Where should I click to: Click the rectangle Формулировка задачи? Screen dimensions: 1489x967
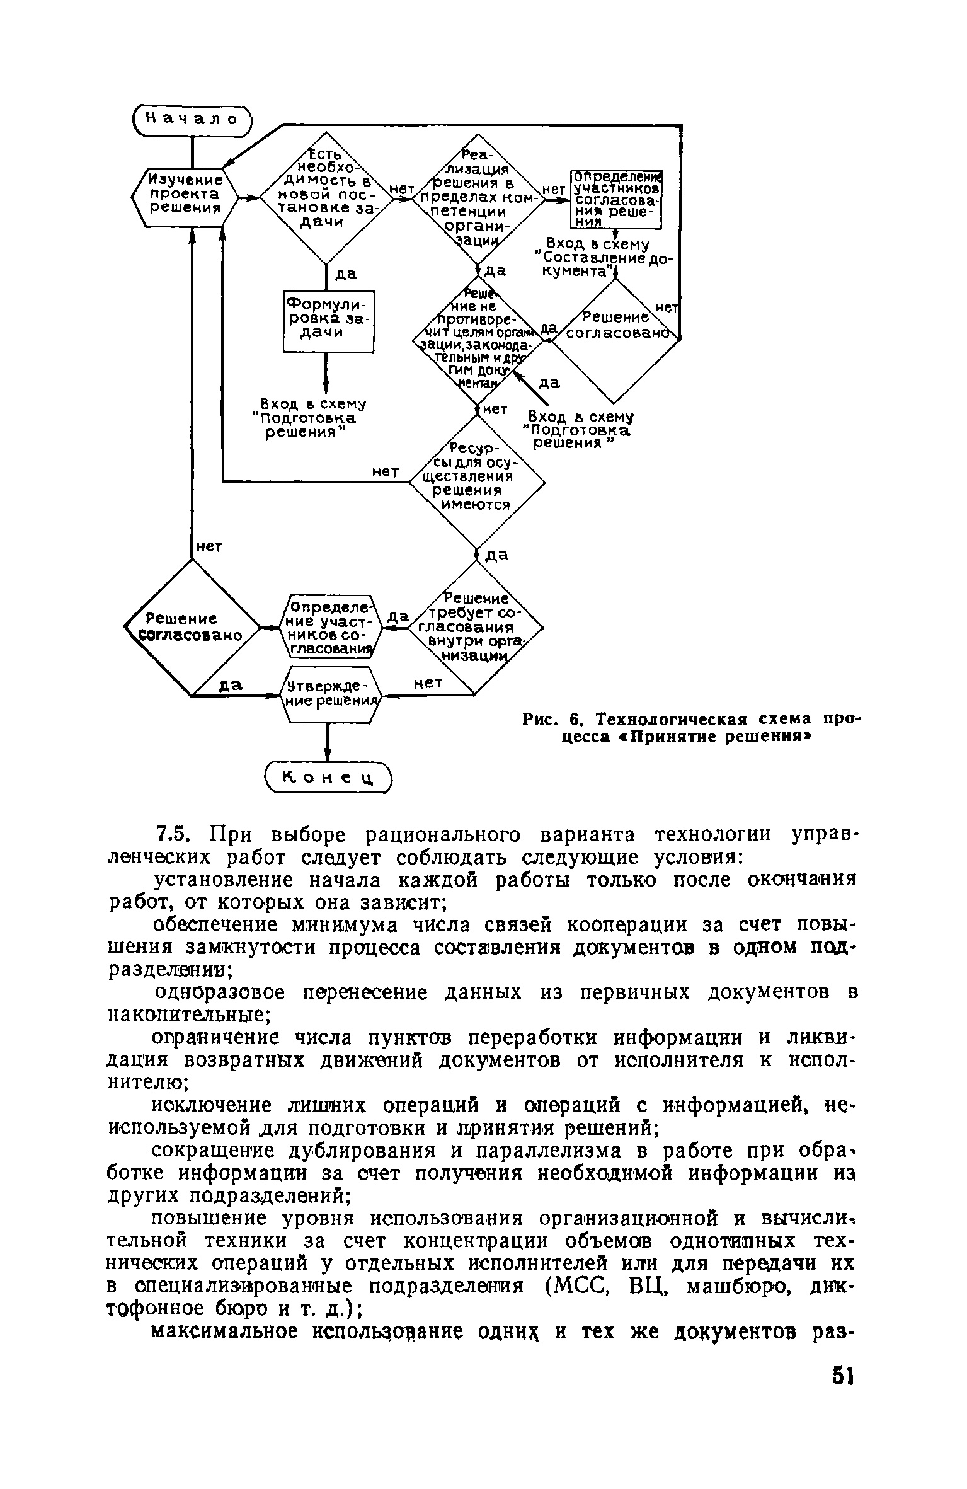pyautogui.click(x=328, y=321)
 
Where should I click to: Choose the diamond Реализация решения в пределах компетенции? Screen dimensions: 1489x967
pyautogui.click(x=477, y=198)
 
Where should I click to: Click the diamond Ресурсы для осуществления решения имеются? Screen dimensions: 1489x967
pyautogui.click(x=477, y=482)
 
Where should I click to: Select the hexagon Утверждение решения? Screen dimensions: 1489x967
pyautogui.click(x=328, y=694)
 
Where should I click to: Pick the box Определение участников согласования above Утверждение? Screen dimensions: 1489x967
pyautogui.click(x=329, y=626)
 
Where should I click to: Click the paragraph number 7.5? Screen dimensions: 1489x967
pyautogui.click(x=172, y=835)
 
